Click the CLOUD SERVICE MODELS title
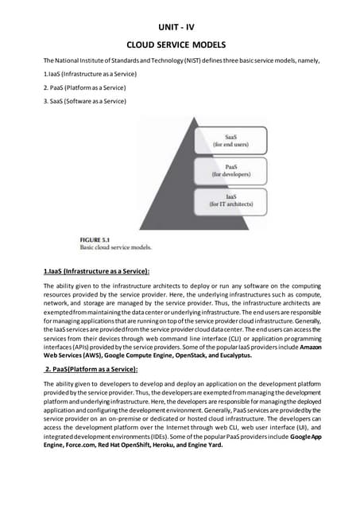(180, 45)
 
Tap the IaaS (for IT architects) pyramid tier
(236, 200)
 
